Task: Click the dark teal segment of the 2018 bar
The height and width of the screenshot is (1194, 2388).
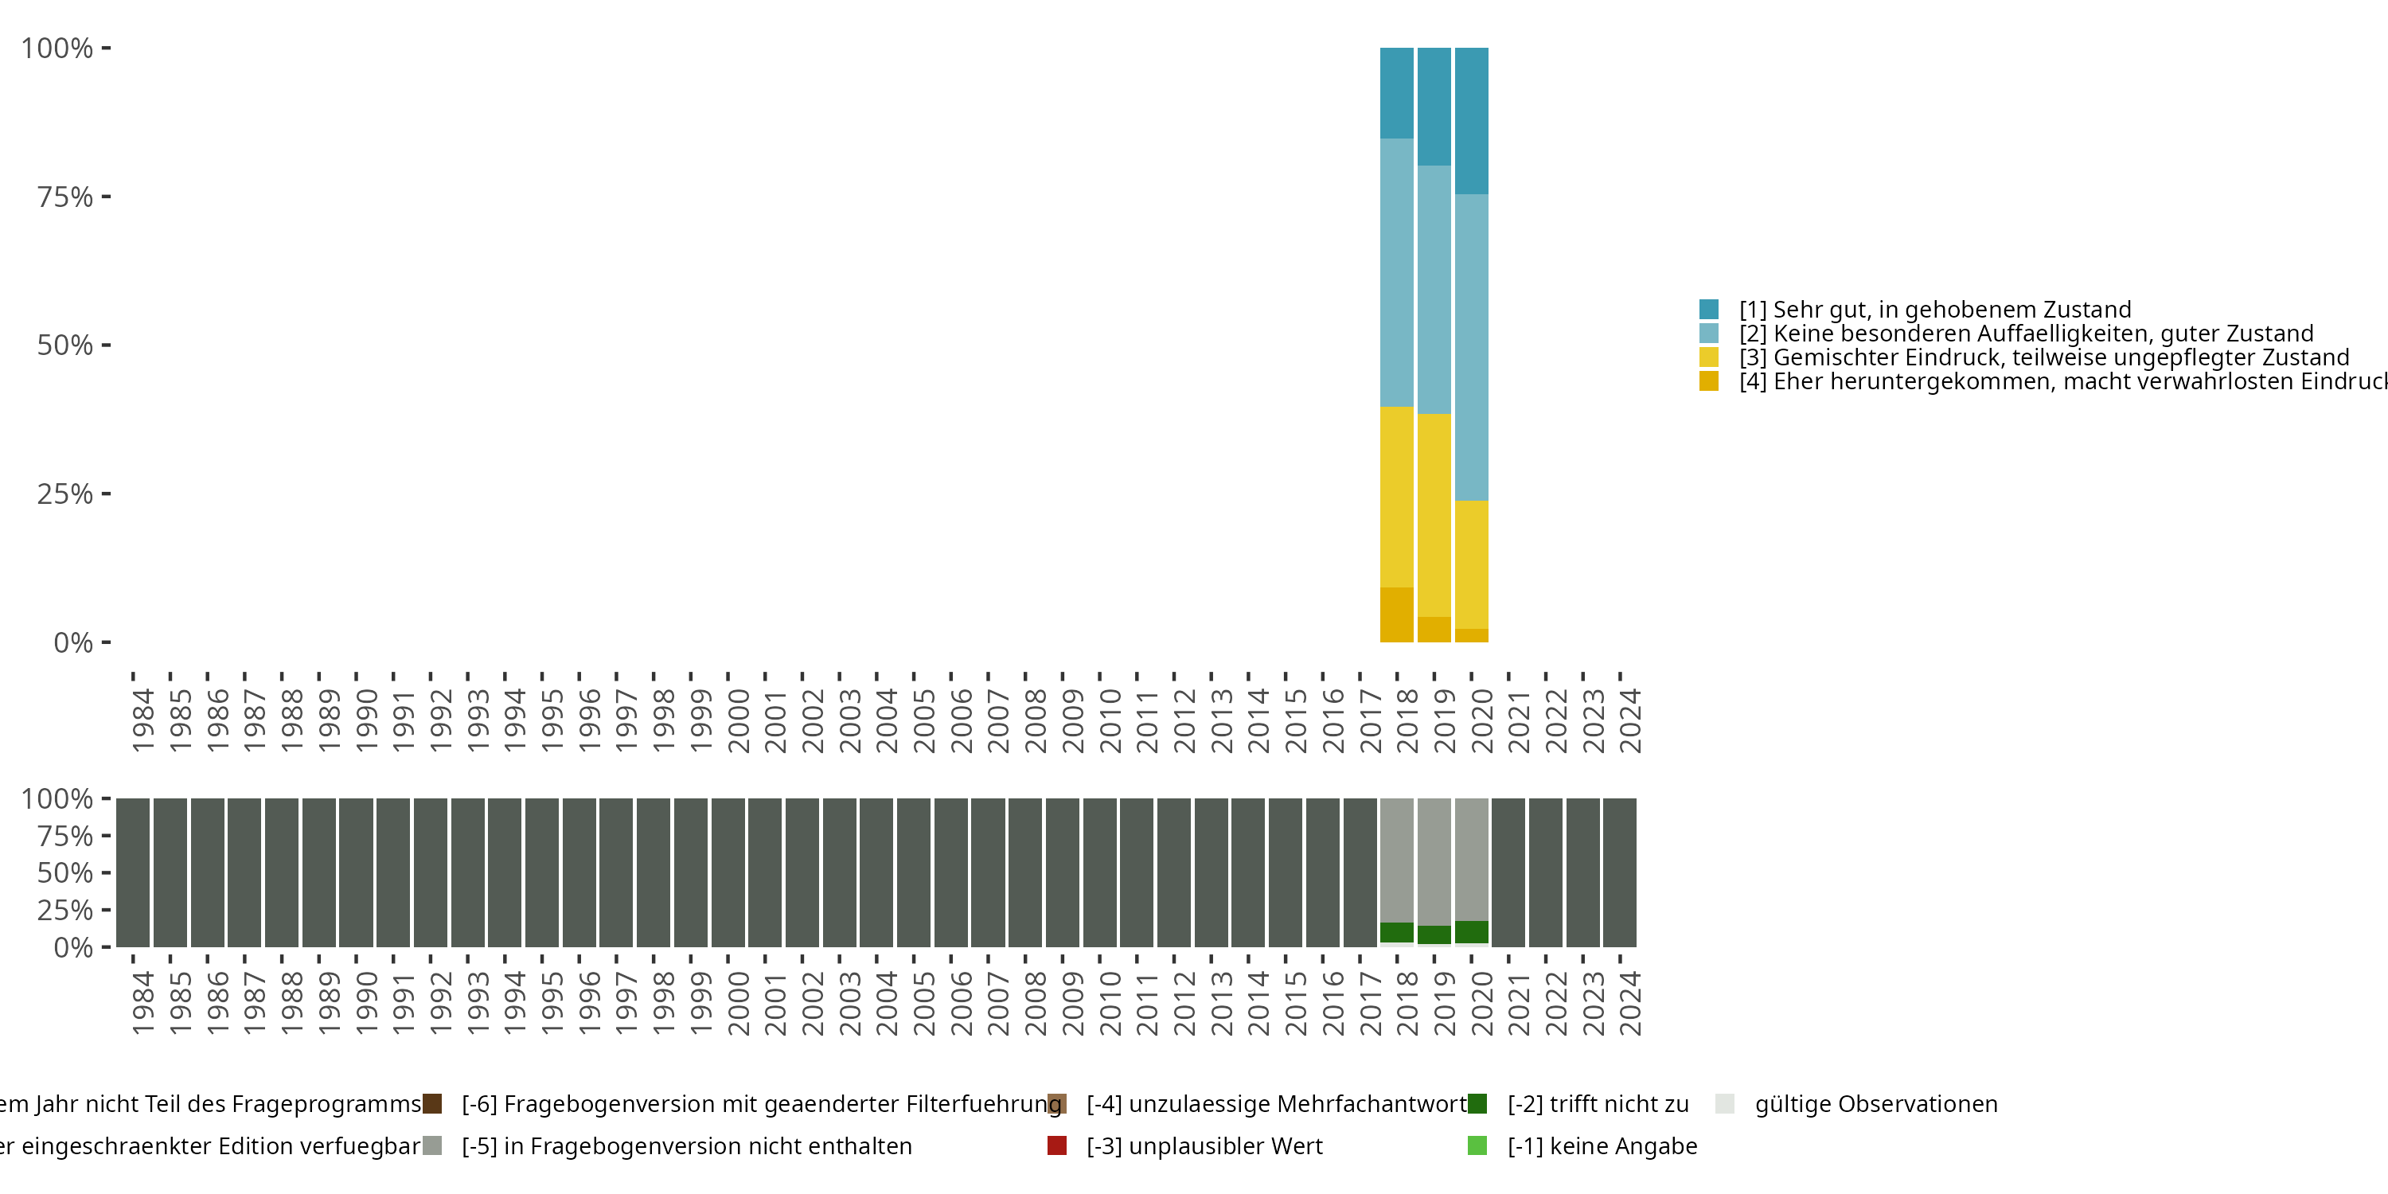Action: coord(1396,92)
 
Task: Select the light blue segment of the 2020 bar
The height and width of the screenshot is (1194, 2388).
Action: coord(1471,347)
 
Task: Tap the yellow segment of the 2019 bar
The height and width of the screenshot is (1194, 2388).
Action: coord(1434,514)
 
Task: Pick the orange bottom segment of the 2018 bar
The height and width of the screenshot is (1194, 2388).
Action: coord(1396,615)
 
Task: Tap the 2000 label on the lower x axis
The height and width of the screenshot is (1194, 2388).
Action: coord(738,1003)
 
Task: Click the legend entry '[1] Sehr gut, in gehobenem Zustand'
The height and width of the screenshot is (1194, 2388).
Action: coord(1935,310)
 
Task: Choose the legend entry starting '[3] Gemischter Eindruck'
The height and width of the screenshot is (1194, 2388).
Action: coord(2044,358)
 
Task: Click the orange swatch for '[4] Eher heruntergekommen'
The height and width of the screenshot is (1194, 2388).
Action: coord(1708,382)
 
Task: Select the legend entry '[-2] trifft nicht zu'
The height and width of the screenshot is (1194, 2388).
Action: coord(1598,1104)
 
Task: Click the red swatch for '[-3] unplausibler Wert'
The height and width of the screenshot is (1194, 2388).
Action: coord(1057,1145)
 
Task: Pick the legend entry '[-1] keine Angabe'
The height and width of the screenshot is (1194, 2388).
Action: coord(1602,1145)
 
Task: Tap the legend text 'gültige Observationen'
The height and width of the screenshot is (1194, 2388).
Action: coord(1875,1104)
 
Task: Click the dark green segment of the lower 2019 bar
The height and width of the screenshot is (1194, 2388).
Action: coord(1434,935)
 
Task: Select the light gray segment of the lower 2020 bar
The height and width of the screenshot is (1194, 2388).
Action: coord(1471,858)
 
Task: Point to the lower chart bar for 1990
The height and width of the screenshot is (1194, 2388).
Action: coord(356,872)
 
